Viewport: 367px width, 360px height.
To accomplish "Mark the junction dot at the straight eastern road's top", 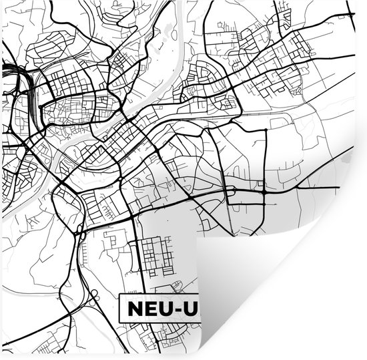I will [x=266, y=128].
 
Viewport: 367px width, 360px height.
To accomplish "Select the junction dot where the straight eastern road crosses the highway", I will [x=265, y=192].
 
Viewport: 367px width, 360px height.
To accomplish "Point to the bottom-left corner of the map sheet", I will [x=2, y=357].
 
